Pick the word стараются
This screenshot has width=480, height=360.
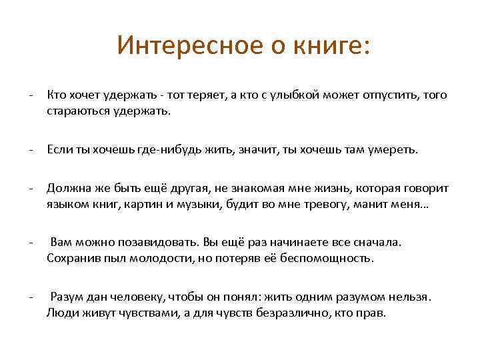tap(74, 112)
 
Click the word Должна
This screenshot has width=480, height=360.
tap(65, 189)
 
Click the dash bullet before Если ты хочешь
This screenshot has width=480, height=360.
tap(31, 150)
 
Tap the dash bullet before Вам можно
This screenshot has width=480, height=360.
tap(31, 243)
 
